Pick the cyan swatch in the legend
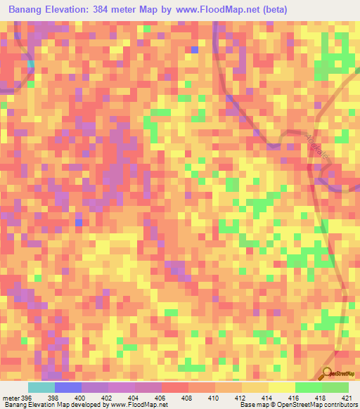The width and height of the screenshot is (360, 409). click(x=41, y=387)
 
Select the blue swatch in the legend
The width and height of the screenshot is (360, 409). click(x=68, y=387)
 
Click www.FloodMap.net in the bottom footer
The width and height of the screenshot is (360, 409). click(x=139, y=405)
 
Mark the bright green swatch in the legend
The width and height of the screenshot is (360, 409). click(x=309, y=387)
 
